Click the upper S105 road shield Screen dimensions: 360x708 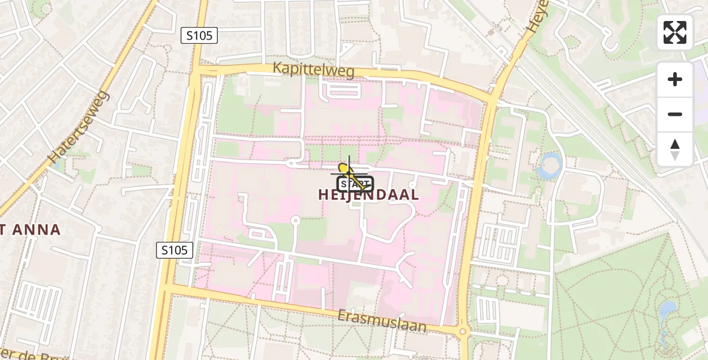tap(199, 35)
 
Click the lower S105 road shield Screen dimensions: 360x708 tap(175, 250)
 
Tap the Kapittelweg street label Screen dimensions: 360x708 tap(313, 70)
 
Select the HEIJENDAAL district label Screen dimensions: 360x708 tap(368, 195)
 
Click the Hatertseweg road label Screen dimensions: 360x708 tap(79, 128)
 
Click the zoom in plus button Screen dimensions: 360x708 tap(675, 79)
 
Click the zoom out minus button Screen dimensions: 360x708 tap(675, 114)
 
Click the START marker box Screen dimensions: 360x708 tap(355, 184)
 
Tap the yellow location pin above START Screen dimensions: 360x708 tap(344, 169)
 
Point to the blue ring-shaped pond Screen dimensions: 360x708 tap(550, 165)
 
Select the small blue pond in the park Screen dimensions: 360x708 tap(667, 310)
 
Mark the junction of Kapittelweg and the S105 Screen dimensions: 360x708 tap(197, 70)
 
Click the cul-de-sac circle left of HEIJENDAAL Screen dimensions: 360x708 tap(295, 221)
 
